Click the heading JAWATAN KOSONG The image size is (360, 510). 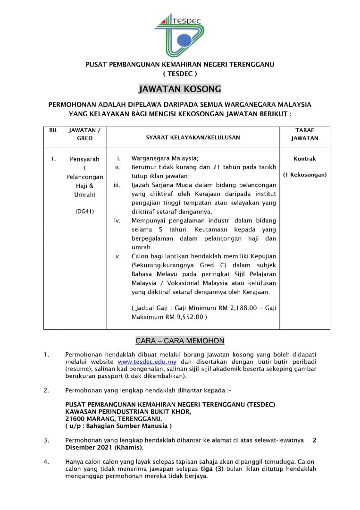(x=179, y=89)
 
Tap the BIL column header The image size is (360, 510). (x=53, y=130)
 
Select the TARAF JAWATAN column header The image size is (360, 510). (x=304, y=134)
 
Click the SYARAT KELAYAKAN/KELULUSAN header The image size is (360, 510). (x=193, y=137)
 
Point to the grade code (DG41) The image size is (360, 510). (x=85, y=211)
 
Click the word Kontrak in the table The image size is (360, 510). (x=304, y=159)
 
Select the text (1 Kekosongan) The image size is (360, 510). (x=304, y=175)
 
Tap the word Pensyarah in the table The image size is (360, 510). (x=85, y=159)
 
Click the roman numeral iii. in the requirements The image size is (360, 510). (x=117, y=185)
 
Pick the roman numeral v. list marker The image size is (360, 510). (x=118, y=256)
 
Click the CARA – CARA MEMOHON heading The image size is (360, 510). (x=180, y=340)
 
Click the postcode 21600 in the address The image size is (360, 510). (x=75, y=418)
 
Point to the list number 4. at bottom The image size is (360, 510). (x=46, y=462)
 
